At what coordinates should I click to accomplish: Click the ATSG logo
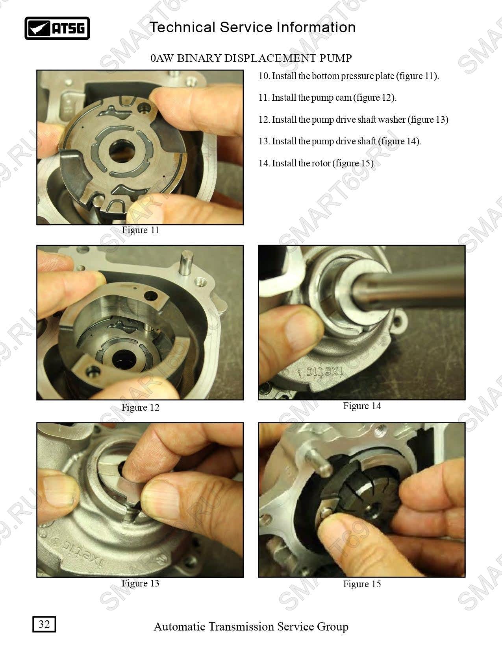tap(57, 28)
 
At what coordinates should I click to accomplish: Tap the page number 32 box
tap(44, 624)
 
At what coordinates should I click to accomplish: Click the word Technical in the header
tap(182, 27)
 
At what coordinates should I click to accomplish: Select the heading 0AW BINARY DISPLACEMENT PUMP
tap(251, 58)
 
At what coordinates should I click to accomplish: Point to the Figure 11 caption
tap(140, 230)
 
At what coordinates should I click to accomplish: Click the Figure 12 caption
tap(140, 407)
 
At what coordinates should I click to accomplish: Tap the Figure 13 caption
tap(140, 583)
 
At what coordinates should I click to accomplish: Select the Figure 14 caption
tap(362, 406)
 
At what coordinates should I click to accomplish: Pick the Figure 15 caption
tap(362, 584)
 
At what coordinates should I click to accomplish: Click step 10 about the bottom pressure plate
tap(348, 76)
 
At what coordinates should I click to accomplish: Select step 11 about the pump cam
tap(328, 98)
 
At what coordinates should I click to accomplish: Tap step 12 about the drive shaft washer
tap(354, 120)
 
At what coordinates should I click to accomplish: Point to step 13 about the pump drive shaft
tap(340, 141)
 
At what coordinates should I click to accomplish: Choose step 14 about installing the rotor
tap(317, 163)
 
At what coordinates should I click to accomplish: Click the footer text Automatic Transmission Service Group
tap(251, 627)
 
